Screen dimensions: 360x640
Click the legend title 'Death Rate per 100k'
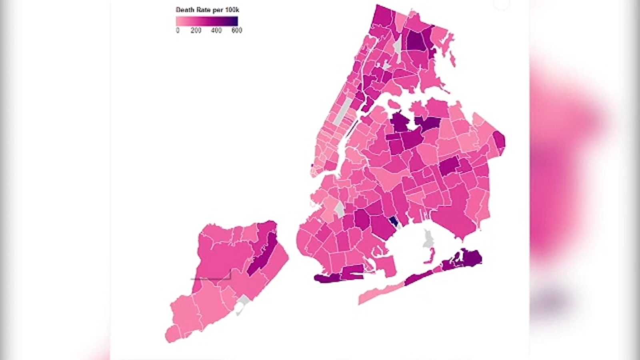(x=207, y=10)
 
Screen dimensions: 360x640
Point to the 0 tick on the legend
(x=178, y=30)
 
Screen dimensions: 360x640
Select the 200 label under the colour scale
(x=196, y=30)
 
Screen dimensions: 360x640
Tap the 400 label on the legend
(x=216, y=30)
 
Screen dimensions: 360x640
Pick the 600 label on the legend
(x=237, y=30)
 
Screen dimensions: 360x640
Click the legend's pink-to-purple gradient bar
(x=207, y=21)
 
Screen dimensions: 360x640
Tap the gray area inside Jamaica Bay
(x=428, y=239)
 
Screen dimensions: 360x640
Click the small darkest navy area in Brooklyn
(x=393, y=222)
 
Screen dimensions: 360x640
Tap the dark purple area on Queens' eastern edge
(x=499, y=140)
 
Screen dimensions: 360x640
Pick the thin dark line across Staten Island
(x=210, y=279)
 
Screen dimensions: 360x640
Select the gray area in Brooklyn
(x=340, y=208)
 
